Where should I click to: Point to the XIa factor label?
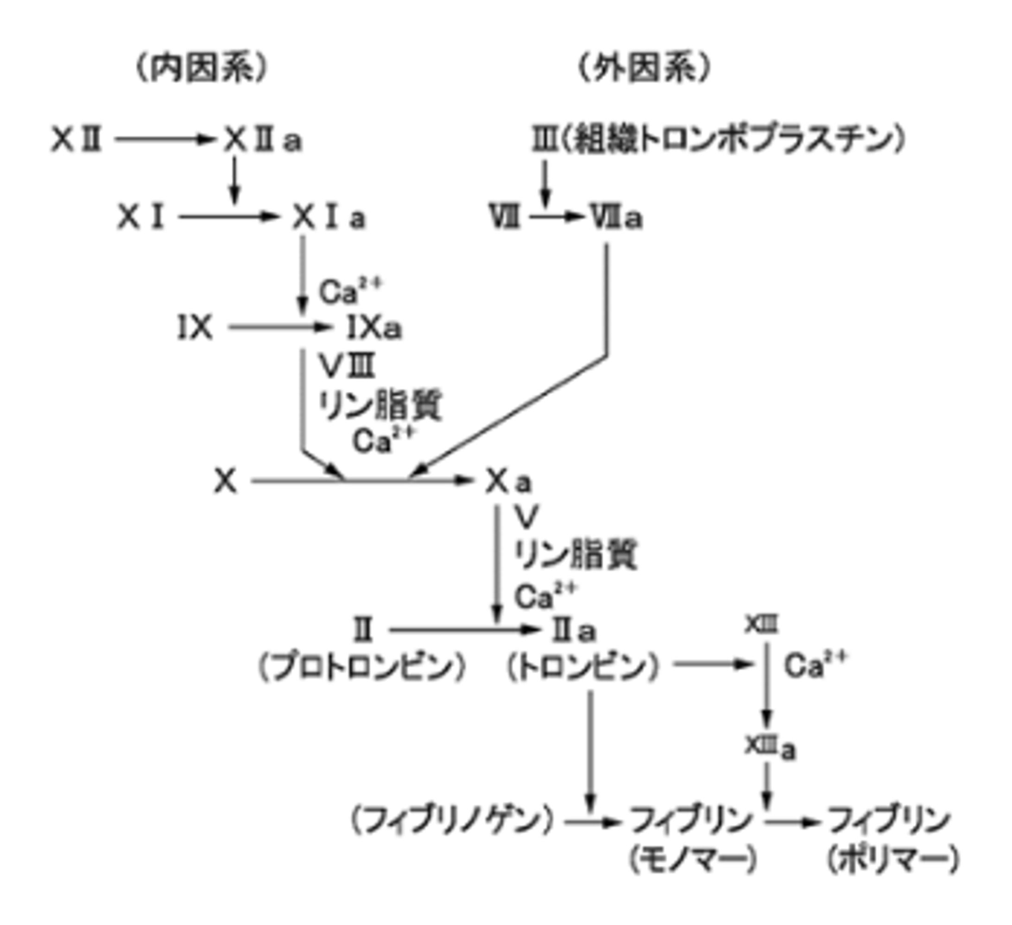pos(329,218)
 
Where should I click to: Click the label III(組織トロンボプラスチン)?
pos(718,140)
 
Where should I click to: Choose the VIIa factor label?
pos(616,218)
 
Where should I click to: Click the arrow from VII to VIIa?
pos(555,217)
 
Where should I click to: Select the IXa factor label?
pos(374,329)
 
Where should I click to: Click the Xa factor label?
pos(508,482)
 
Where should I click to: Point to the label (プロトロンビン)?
pos(362,668)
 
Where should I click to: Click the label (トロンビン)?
pos(582,668)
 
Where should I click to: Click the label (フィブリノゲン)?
pos(452,821)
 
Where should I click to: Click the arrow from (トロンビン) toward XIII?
pos(713,665)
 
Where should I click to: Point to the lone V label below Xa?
pos(526,517)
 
